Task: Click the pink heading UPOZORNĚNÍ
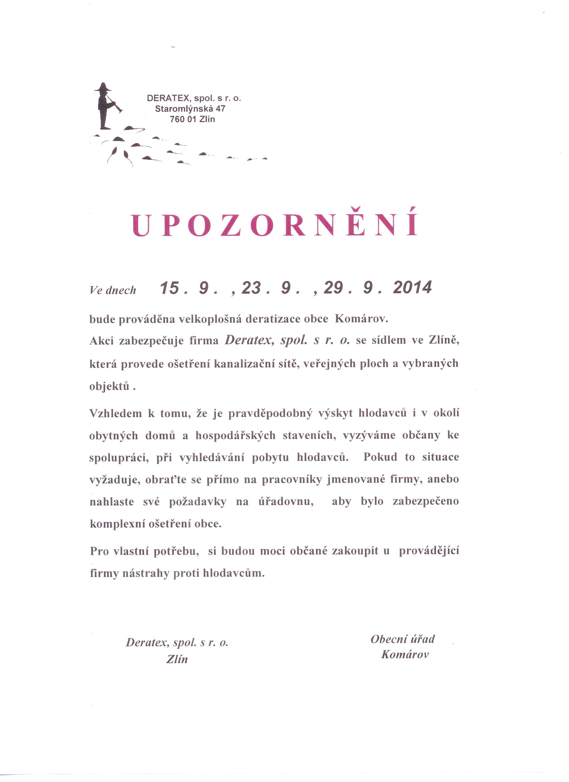pyautogui.click(x=275, y=225)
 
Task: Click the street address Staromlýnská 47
pyautogui.click(x=190, y=109)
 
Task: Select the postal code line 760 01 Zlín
pyautogui.click(x=192, y=119)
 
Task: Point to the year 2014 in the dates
pyautogui.click(x=412, y=288)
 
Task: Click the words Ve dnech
pyautogui.click(x=113, y=290)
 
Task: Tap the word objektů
pyautogui.click(x=109, y=387)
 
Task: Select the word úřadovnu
pyautogui.click(x=286, y=502)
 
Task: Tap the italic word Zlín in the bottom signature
pyautogui.click(x=177, y=659)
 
